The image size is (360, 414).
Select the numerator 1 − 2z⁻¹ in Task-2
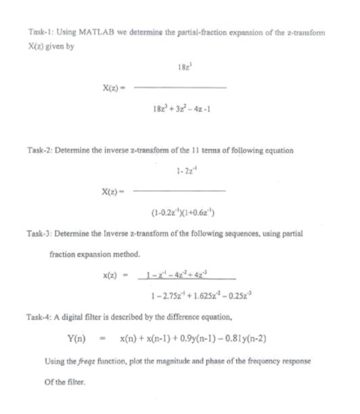point(179,169)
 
